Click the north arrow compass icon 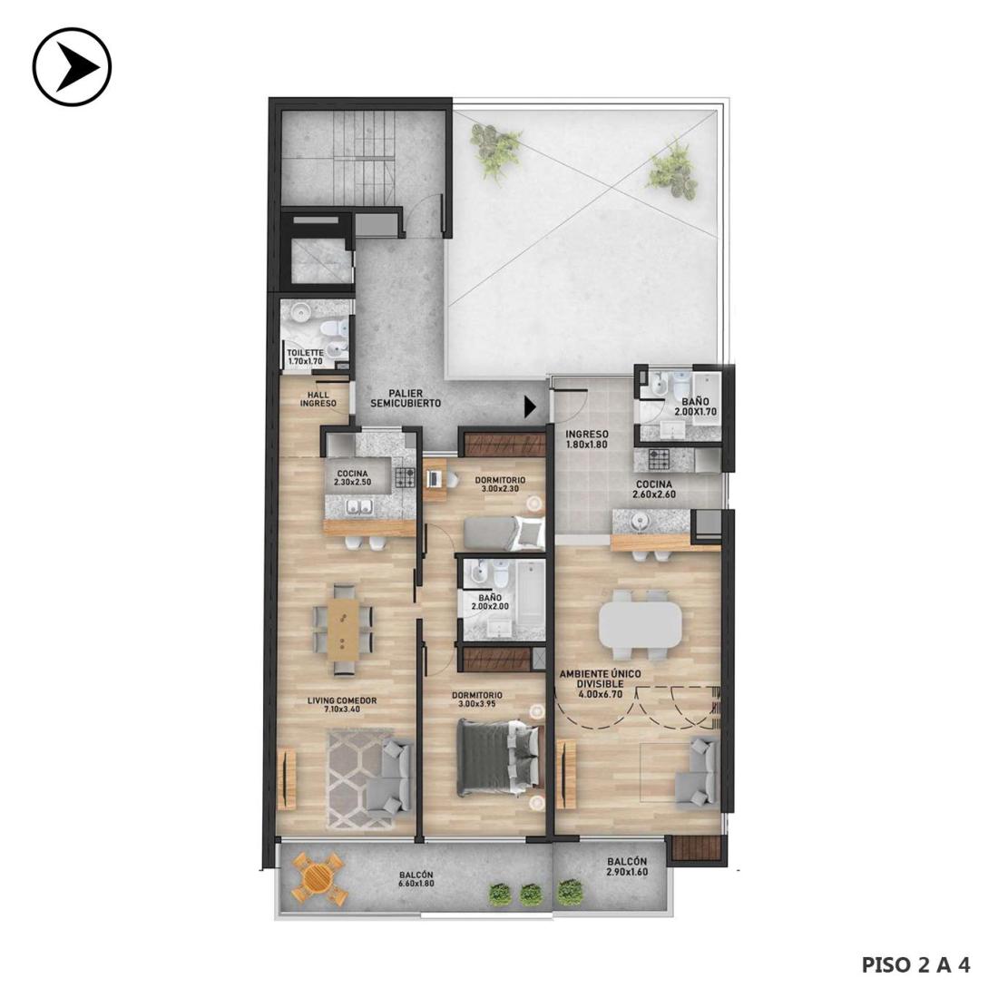point(72,66)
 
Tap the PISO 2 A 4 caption point(916,965)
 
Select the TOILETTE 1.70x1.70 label point(305,357)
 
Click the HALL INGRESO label point(318,399)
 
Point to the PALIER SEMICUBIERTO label point(406,399)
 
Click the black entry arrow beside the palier point(530,406)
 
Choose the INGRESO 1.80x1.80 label point(587,439)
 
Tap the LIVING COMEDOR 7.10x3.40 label point(342,705)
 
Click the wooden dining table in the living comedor point(343,630)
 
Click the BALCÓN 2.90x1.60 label point(626,866)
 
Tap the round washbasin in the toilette point(299,312)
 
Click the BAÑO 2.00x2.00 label point(490,602)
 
